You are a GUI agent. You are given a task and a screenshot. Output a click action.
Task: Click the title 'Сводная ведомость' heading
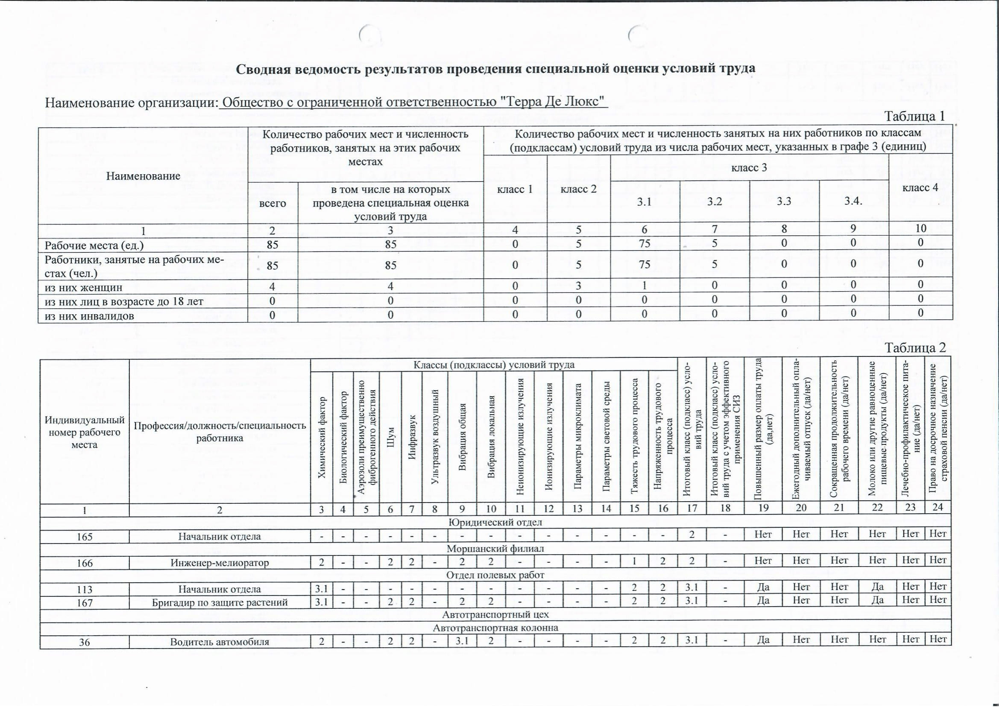click(495, 69)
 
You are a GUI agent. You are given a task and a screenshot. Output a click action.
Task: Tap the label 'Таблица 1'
click(914, 116)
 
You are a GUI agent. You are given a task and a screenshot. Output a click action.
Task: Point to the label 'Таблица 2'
click(915, 348)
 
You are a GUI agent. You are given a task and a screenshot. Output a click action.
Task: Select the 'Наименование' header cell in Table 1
click(143, 176)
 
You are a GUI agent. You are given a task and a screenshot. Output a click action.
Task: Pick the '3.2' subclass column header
click(714, 202)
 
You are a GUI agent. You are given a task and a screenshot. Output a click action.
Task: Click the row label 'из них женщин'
click(84, 287)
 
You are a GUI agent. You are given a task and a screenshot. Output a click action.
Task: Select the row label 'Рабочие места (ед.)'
click(94, 245)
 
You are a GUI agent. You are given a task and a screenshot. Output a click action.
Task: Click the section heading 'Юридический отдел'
click(495, 522)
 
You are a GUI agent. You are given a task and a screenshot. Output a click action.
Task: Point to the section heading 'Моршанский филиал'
click(495, 549)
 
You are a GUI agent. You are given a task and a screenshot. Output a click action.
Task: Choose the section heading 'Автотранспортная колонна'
click(495, 627)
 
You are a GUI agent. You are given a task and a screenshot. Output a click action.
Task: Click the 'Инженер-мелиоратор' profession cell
click(220, 562)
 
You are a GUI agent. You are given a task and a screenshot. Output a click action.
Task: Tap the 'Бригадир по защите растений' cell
click(220, 602)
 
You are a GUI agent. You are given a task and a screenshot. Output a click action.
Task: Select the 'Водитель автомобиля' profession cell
click(220, 642)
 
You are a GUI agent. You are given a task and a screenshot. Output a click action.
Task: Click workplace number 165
click(85, 536)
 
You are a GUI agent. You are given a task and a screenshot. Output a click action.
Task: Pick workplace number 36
click(85, 642)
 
